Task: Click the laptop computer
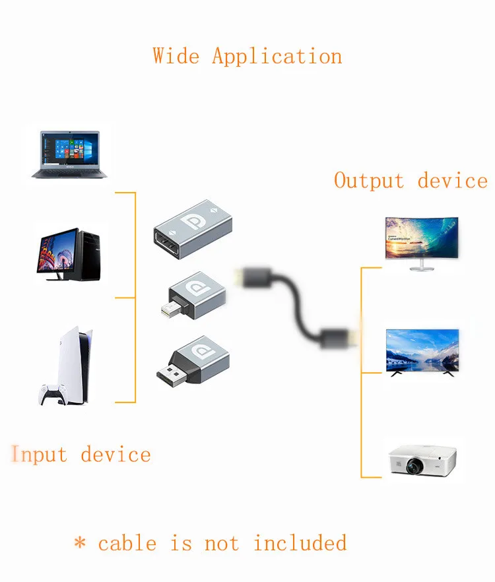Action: tap(69, 154)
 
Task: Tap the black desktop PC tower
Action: tap(90, 255)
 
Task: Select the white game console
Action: tap(75, 366)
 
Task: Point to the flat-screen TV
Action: tap(422, 352)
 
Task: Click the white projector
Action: tap(422, 461)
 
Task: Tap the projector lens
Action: tap(414, 466)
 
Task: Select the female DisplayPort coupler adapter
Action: tap(193, 230)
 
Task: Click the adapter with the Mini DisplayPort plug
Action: tap(194, 296)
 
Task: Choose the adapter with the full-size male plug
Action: tap(193, 362)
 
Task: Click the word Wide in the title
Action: tap(176, 56)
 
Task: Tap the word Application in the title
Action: tap(277, 57)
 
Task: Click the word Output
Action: tap(369, 181)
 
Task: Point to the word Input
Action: tap(39, 454)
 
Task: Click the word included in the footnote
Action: tap(300, 542)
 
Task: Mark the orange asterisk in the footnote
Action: tap(80, 542)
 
